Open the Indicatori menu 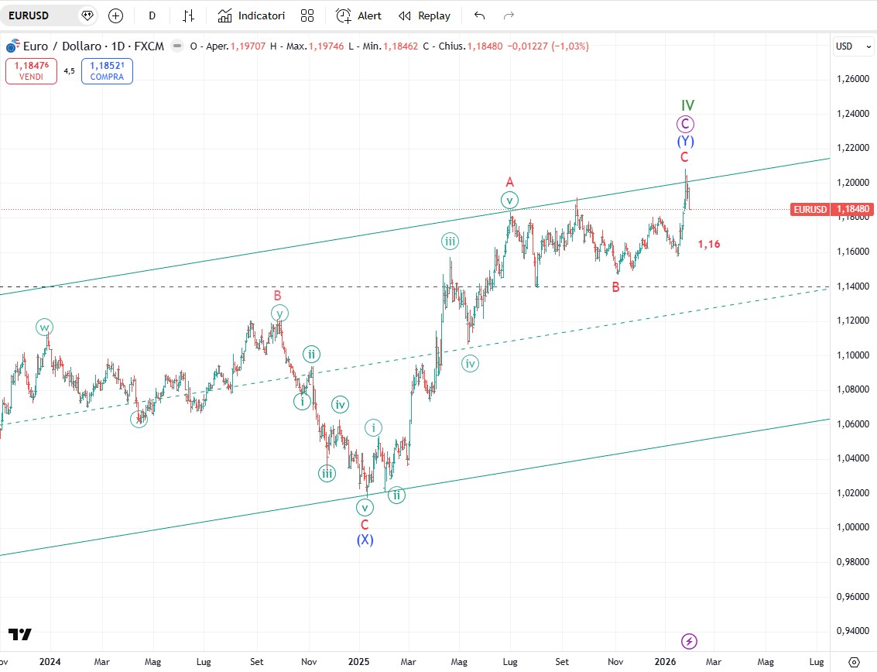coord(252,15)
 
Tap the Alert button coord(359,15)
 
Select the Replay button coord(424,15)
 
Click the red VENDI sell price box coord(31,70)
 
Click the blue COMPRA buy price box coord(107,70)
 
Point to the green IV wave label coord(687,105)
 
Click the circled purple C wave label coord(684,124)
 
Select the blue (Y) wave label coord(685,141)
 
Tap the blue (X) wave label coord(365,540)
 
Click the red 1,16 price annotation coord(709,244)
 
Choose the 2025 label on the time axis coord(359,662)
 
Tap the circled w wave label coord(44,327)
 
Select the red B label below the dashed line coord(615,287)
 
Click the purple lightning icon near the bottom coord(689,641)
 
